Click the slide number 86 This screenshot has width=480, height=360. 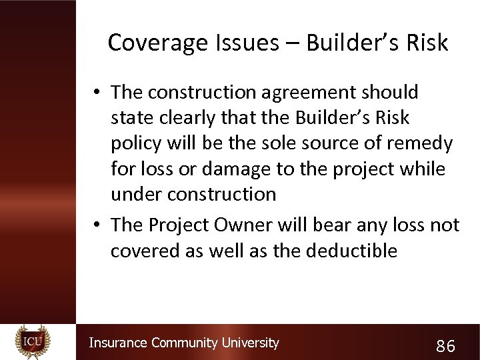(445, 346)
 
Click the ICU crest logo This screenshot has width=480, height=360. (33, 341)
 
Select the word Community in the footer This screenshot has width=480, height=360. (185, 343)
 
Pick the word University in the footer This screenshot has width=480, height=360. (250, 343)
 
